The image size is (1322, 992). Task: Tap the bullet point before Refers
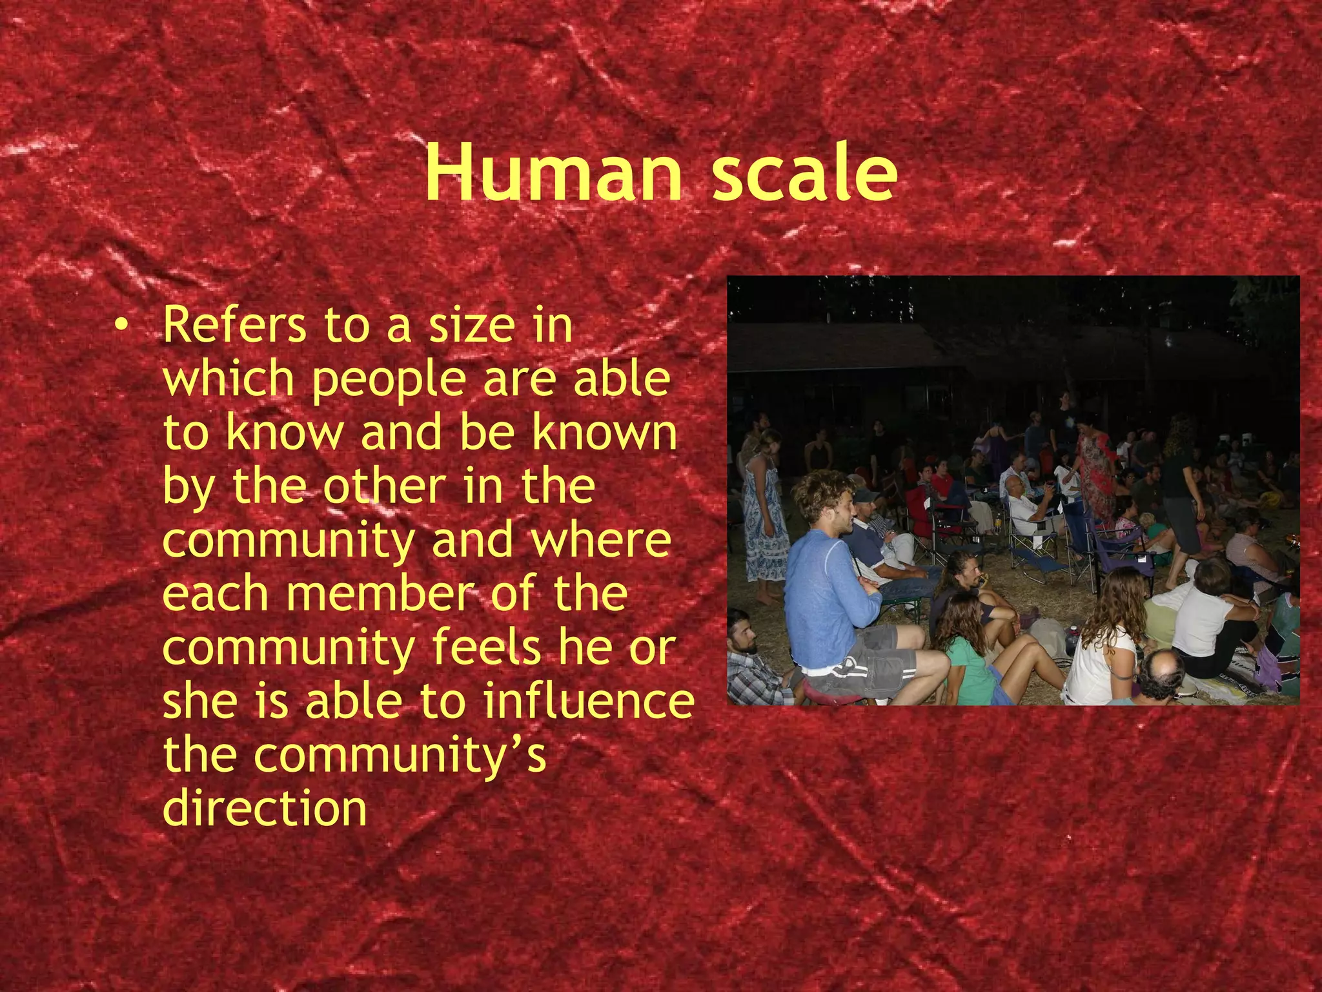point(119,327)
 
